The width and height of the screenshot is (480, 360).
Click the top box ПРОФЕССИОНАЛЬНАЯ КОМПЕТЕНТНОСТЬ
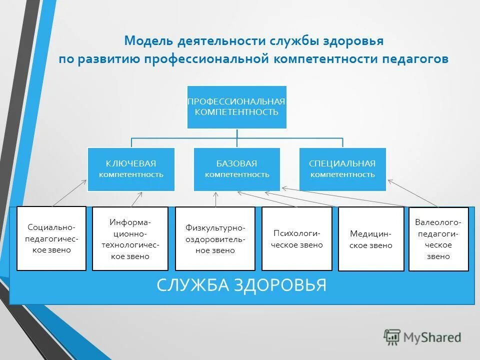[236, 107]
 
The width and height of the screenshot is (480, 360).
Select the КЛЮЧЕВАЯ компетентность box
[131, 169]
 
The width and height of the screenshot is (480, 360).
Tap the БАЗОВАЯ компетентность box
[236, 169]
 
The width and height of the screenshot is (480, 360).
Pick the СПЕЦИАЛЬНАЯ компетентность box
[342, 169]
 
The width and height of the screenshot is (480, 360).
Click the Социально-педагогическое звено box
[51, 238]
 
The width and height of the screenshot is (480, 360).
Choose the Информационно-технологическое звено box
[130, 238]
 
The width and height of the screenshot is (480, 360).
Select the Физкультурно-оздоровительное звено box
[215, 238]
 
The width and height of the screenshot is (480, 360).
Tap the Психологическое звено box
[297, 238]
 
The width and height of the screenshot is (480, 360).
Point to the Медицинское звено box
[371, 238]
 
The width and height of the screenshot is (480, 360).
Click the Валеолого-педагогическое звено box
[438, 238]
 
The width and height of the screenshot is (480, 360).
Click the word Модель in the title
[147, 40]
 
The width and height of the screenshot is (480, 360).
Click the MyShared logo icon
[392, 337]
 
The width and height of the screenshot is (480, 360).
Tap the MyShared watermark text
[432, 337]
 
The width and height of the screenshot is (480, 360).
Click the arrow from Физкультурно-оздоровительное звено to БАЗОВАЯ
[215, 200]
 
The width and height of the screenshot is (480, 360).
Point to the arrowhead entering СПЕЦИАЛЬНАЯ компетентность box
[389, 181]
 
